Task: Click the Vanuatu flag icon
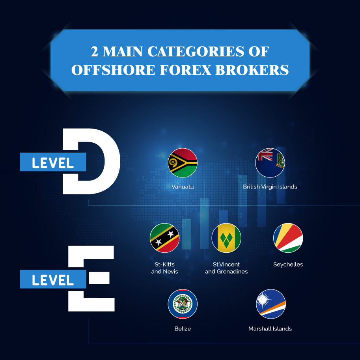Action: point(183,162)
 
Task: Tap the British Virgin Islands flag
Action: point(270,162)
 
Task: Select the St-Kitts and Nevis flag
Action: point(164,238)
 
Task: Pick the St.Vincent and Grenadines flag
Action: point(226,238)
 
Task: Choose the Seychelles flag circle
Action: point(288,238)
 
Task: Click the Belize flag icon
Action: point(183,304)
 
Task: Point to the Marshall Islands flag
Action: point(271,304)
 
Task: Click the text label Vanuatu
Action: point(183,187)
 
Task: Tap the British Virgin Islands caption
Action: point(270,187)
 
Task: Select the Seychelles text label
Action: point(288,265)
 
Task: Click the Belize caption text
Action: point(183,328)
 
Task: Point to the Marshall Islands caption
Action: point(270,328)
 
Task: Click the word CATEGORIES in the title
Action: point(196,51)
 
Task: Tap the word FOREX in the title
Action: point(185,70)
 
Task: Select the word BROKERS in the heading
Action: point(252,70)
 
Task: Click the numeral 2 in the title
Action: point(94,51)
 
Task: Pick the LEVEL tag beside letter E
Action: point(53,279)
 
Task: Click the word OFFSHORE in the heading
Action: point(114,70)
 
